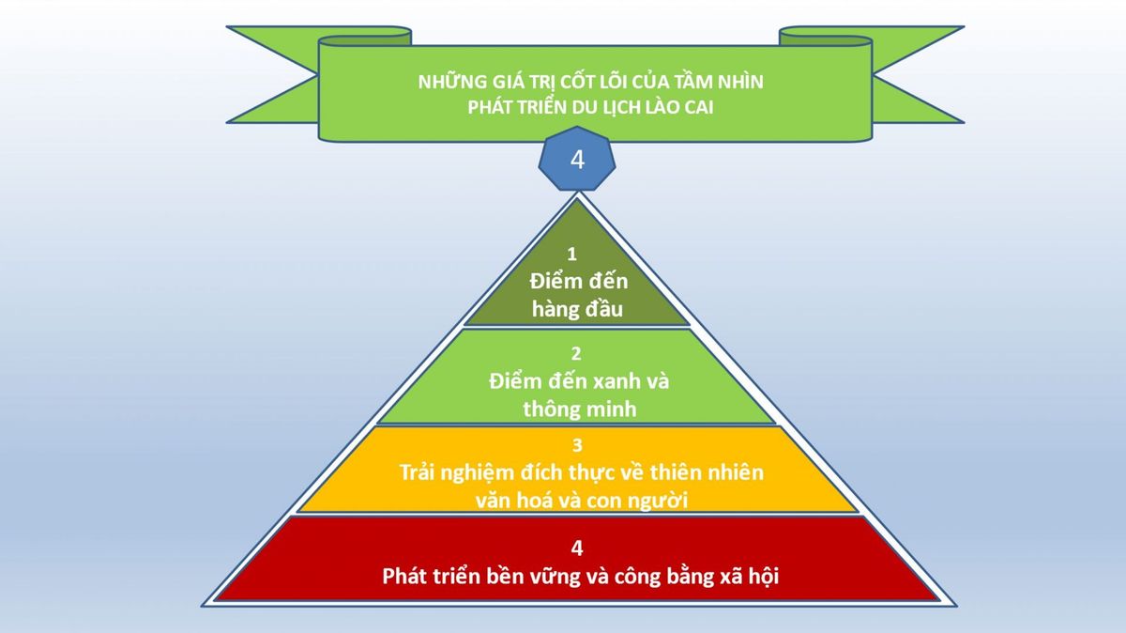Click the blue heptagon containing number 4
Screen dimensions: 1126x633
tap(577, 159)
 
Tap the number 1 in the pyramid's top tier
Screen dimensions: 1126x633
tap(571, 255)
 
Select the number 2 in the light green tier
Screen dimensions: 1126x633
tap(576, 354)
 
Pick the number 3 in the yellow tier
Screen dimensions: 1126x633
tap(577, 445)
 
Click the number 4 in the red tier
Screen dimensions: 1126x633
tap(577, 548)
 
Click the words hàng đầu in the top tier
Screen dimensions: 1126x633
tap(577, 308)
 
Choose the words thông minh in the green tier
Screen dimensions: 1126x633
tap(580, 409)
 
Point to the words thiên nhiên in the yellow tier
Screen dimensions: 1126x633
tap(707, 472)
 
